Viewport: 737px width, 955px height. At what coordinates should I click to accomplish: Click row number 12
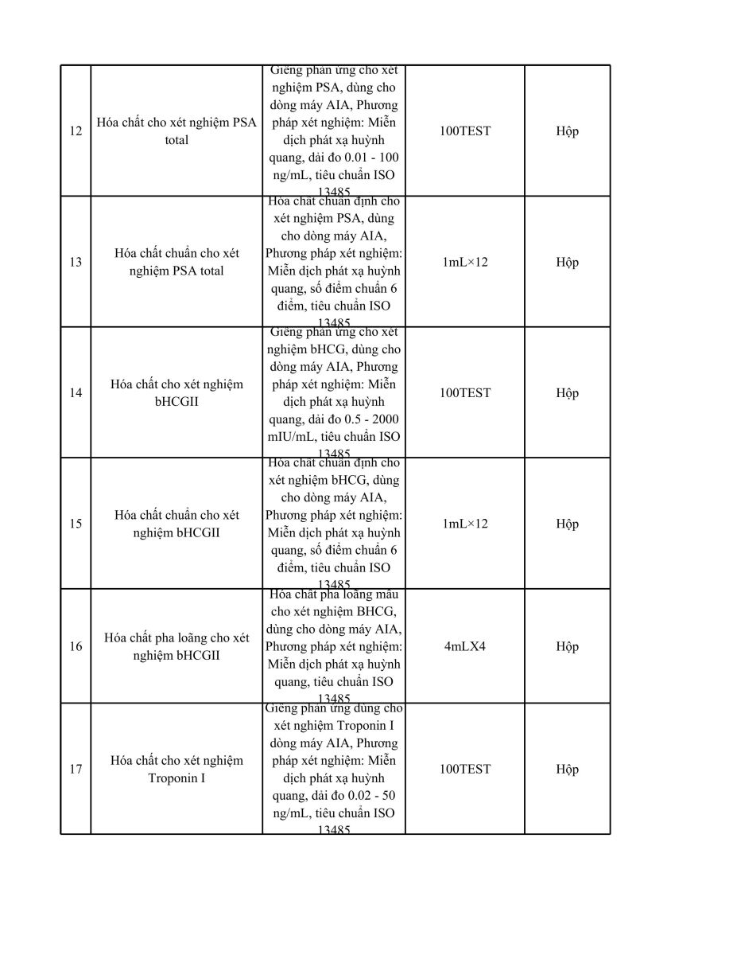click(x=76, y=131)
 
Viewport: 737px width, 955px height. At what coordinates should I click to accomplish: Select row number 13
click(x=76, y=262)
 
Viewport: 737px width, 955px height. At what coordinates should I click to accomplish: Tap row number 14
click(x=76, y=392)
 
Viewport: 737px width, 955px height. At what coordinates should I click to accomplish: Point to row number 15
click(x=76, y=524)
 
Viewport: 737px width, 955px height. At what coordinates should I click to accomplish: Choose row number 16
click(x=76, y=646)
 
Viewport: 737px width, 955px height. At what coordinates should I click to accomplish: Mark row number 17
click(x=76, y=769)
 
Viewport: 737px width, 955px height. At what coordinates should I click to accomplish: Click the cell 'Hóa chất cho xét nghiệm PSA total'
click(x=176, y=131)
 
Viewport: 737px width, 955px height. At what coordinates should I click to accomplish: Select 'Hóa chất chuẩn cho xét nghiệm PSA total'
click(x=176, y=262)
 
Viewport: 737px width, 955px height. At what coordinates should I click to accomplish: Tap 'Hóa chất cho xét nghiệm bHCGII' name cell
click(x=176, y=392)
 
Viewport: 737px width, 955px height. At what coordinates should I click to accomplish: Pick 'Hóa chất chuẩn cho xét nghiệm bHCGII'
click(x=176, y=524)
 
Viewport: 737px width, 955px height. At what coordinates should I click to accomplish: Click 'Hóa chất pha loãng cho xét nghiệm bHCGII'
click(x=176, y=646)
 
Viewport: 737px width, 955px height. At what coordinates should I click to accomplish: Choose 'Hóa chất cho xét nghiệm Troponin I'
click(x=176, y=769)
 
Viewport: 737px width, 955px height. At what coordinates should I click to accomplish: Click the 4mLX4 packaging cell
click(x=465, y=646)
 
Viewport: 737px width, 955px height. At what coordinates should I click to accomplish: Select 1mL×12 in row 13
click(x=465, y=262)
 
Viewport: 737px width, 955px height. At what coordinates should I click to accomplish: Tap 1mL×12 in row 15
click(x=465, y=524)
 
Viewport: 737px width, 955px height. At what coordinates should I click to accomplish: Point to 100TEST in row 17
click(x=465, y=769)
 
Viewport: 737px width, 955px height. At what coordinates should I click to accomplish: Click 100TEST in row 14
click(x=465, y=392)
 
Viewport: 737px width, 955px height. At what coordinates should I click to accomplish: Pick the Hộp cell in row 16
click(x=567, y=646)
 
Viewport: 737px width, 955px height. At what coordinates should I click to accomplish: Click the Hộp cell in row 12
click(x=567, y=131)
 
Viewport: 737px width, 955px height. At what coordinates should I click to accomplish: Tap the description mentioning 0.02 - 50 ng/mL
click(x=334, y=769)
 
